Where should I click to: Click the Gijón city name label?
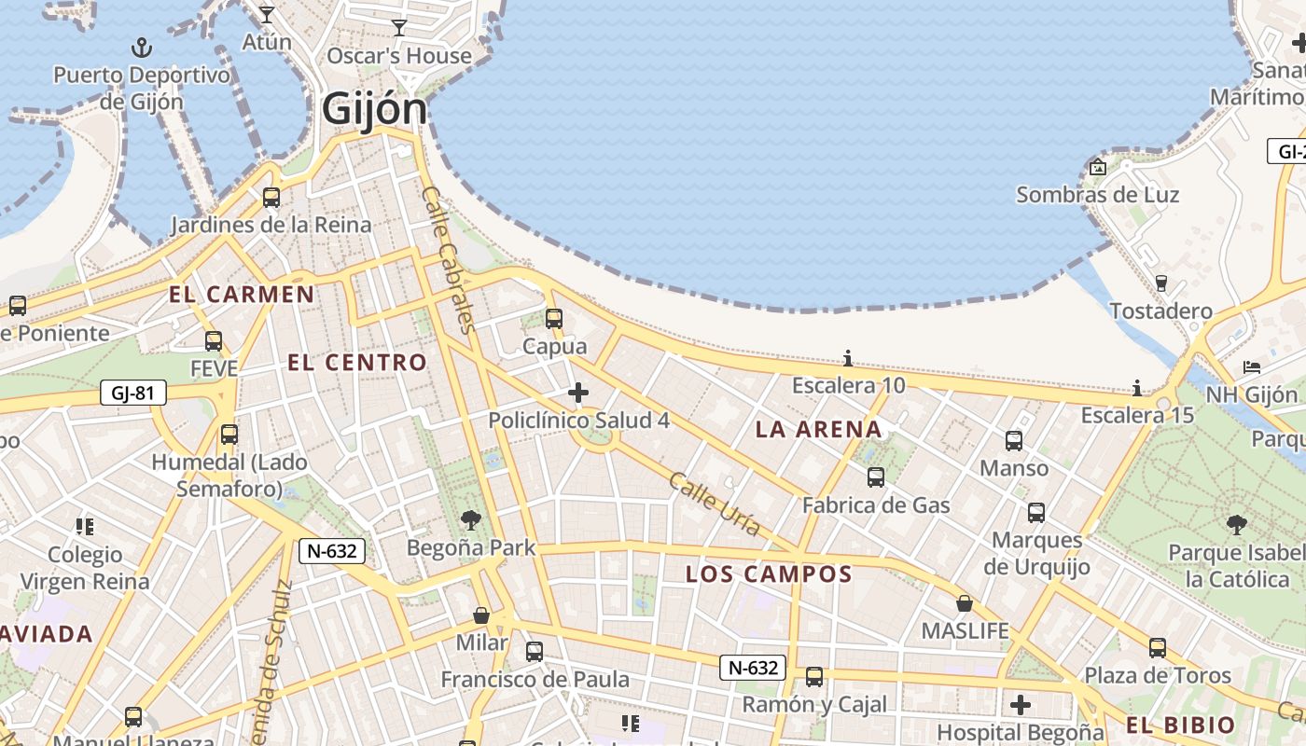point(374,108)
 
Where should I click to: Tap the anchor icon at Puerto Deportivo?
point(142,47)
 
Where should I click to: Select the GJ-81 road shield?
point(132,393)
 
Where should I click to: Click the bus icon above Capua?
point(554,319)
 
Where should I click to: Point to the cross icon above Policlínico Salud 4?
point(578,393)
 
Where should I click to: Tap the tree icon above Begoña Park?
point(471,520)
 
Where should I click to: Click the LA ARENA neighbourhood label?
point(818,430)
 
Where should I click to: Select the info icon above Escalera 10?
point(848,358)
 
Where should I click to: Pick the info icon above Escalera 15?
point(1137,388)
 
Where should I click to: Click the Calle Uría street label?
point(715,504)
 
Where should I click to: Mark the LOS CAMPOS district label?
point(769,574)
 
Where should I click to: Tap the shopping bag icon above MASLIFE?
point(965,603)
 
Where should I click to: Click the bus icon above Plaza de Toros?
point(1158,647)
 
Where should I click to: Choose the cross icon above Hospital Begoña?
point(1021,704)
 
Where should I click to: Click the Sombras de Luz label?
point(1097,195)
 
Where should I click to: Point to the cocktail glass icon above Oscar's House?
point(399,28)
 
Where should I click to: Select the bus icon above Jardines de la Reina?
point(271,198)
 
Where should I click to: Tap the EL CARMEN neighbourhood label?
point(242,296)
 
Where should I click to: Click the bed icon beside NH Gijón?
point(1252,367)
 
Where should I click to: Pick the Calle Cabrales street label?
point(449,259)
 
